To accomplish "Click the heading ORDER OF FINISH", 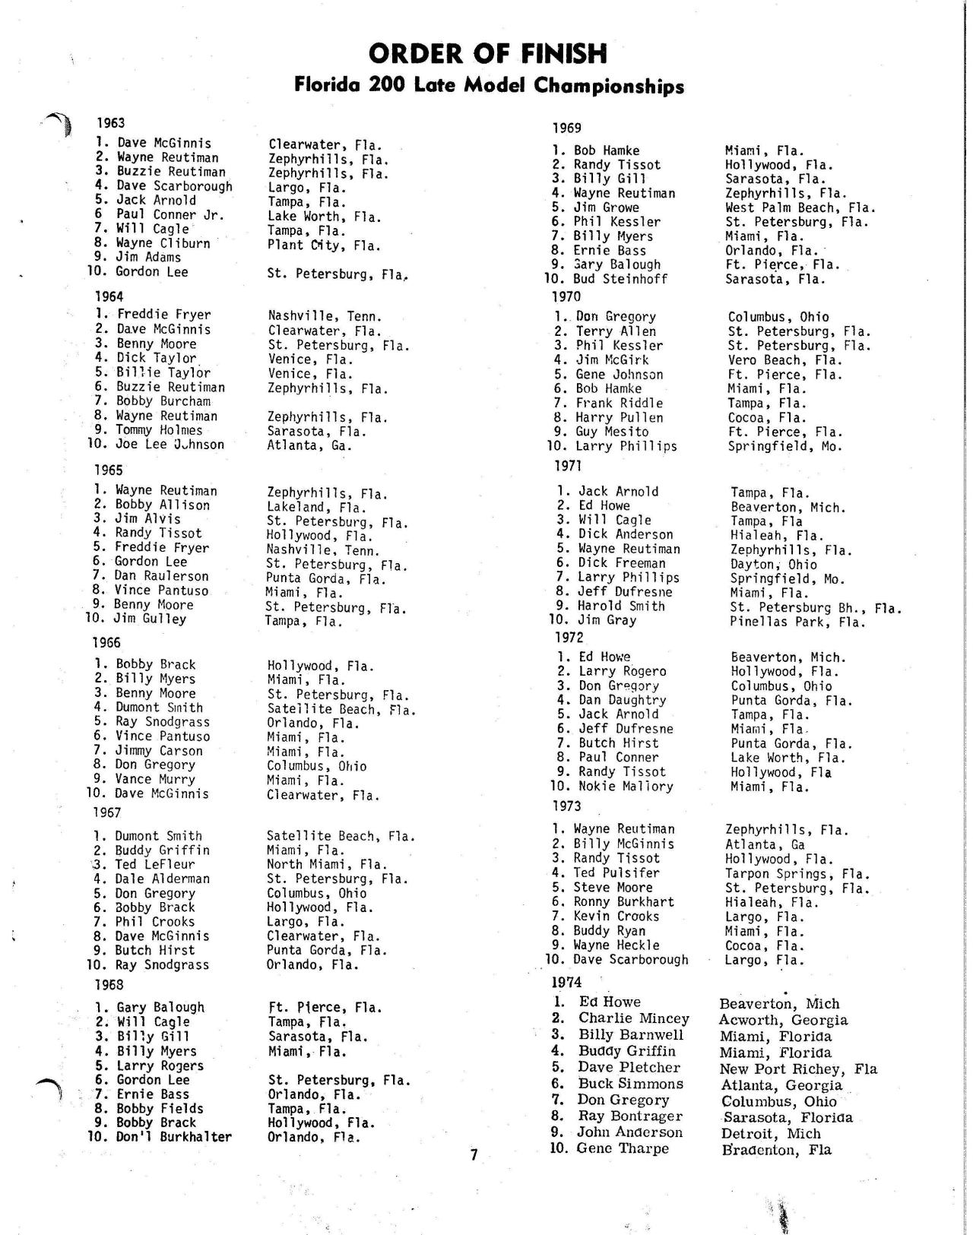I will pos(488,54).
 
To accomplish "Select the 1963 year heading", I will pos(111,123).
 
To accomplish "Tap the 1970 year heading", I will pos(566,296).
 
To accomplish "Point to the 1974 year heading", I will pos(566,983).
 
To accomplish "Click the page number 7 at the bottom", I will pos(474,1155).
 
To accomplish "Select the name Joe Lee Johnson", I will pos(170,445).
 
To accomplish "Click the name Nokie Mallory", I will pos(625,787).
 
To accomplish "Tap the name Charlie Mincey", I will pos(633,1018).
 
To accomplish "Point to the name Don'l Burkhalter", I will pos(173,1138).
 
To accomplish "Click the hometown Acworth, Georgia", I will pos(783,1021).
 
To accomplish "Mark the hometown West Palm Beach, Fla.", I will pos(800,207).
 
